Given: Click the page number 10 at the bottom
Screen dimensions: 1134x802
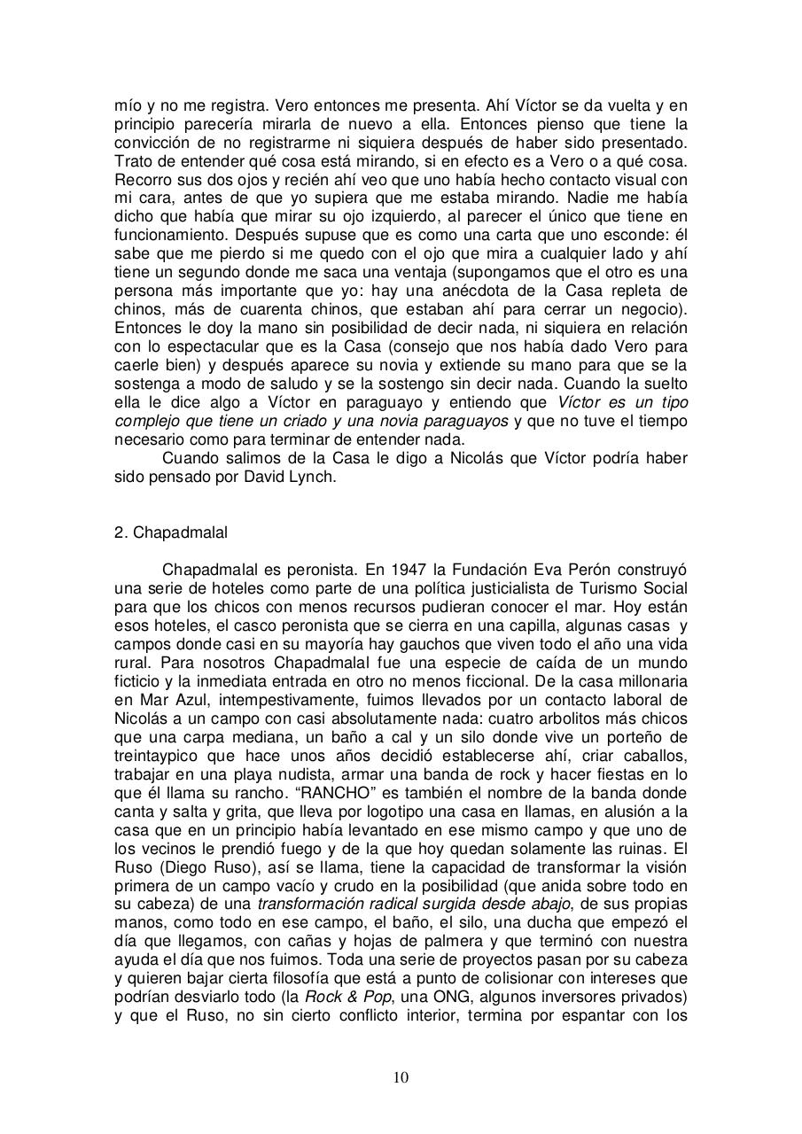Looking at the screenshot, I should point(401,1077).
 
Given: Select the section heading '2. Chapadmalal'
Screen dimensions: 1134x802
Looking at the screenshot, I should point(171,532).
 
